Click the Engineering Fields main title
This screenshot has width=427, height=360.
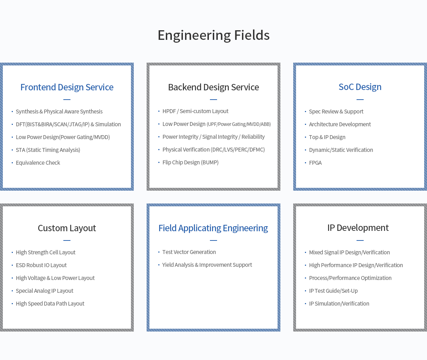click(213, 35)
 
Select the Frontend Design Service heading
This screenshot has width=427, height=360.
click(67, 87)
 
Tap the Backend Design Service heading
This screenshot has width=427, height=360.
click(213, 87)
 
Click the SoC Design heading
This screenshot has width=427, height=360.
click(360, 87)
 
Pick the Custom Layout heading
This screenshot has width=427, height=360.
click(67, 228)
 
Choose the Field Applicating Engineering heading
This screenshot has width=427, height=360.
click(213, 228)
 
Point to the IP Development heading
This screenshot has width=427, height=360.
click(358, 228)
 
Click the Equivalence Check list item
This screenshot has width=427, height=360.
click(38, 163)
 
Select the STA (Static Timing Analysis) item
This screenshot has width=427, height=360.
click(48, 150)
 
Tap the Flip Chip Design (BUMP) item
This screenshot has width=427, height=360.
click(190, 162)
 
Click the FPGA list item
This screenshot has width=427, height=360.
click(315, 163)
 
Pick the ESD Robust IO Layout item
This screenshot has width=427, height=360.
click(41, 265)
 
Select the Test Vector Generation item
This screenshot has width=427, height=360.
click(189, 252)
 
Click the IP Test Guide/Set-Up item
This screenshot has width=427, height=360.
click(333, 291)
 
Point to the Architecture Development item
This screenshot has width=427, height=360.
click(340, 124)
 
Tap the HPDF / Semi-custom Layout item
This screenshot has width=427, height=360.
click(195, 111)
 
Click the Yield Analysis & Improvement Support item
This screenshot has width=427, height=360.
click(207, 265)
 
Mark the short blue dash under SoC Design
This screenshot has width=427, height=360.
click(360, 100)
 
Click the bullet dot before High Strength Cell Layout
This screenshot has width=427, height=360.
click(12, 253)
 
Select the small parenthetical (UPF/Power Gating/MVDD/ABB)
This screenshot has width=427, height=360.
click(239, 124)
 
